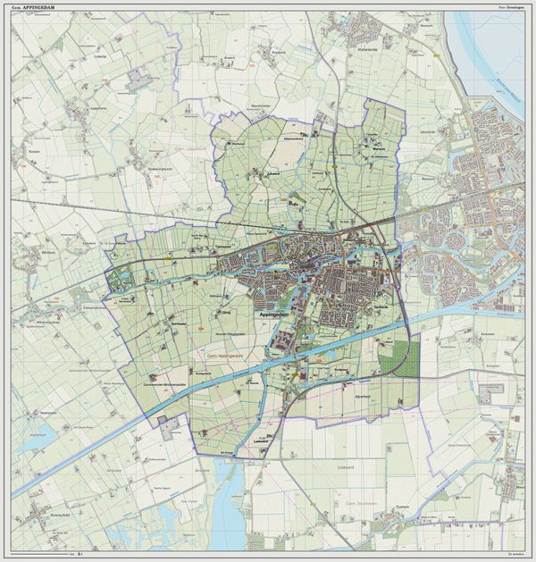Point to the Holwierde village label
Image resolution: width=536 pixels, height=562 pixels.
point(368,51)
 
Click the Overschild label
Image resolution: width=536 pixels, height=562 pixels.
point(42,517)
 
